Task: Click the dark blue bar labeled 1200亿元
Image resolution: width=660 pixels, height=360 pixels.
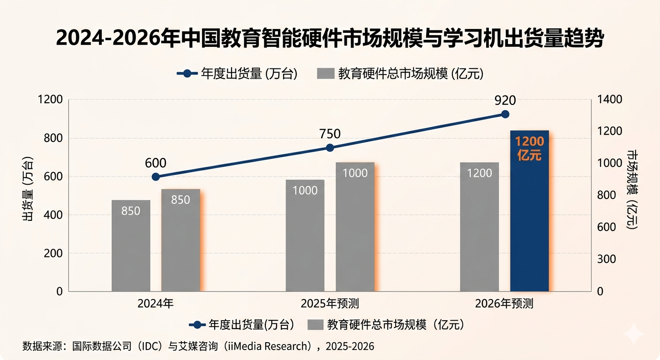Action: tap(529, 211)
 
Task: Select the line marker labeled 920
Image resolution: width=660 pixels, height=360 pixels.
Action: tap(505, 114)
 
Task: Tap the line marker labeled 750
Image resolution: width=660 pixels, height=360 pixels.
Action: tap(330, 148)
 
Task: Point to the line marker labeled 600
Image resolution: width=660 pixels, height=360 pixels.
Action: tap(156, 177)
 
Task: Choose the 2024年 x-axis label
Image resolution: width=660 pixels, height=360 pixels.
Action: tap(156, 304)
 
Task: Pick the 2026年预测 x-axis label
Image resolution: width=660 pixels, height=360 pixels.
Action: tap(504, 304)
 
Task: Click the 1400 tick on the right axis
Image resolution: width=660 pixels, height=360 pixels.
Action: tap(610, 99)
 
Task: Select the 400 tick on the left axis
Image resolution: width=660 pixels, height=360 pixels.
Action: tap(53, 215)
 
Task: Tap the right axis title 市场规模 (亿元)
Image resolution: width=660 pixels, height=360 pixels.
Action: tap(632, 190)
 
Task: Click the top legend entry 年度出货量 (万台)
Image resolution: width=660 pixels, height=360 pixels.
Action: tap(238, 74)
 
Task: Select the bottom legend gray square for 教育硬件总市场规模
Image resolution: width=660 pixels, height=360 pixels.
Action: tap(315, 324)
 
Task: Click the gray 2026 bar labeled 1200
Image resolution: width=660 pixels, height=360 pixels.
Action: tap(479, 227)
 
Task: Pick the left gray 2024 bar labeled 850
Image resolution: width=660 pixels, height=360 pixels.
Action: tap(131, 246)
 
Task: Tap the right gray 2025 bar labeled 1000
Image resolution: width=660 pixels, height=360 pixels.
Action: tap(355, 227)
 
